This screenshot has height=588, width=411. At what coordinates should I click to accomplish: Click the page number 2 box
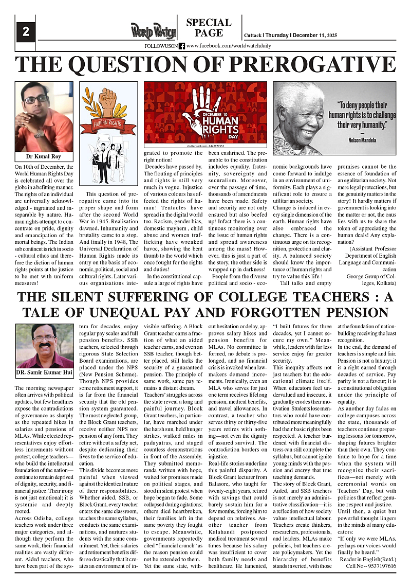(25, 32)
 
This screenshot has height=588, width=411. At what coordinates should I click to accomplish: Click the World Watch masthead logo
(153, 31)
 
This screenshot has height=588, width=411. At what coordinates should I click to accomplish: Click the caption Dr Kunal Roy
(44, 156)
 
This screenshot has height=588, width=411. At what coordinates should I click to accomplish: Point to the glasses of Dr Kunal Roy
(35, 98)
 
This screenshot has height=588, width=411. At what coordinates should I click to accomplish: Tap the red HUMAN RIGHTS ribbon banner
(108, 123)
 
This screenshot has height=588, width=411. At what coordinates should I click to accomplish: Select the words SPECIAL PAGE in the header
(209, 28)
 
